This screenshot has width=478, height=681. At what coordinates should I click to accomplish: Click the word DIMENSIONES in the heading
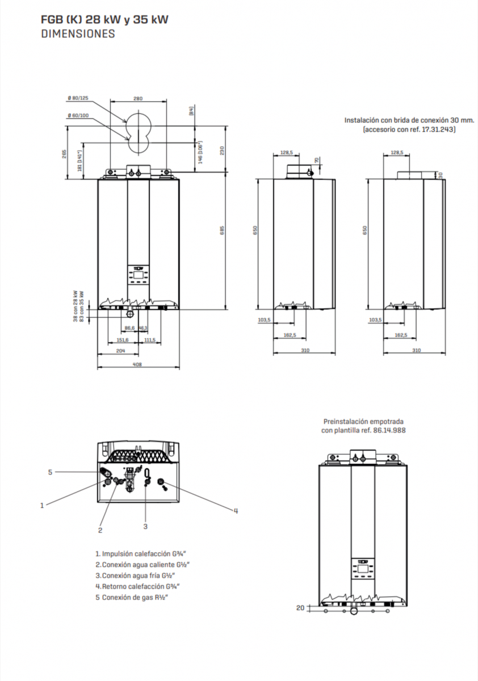(78, 33)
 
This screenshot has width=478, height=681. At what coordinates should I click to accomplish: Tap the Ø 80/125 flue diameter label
(78, 98)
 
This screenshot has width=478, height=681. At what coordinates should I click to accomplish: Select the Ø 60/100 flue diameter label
(78, 116)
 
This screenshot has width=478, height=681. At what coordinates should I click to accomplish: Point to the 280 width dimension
(138, 98)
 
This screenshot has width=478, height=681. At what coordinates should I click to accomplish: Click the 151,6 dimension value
(123, 339)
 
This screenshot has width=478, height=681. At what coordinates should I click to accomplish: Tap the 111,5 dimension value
(150, 339)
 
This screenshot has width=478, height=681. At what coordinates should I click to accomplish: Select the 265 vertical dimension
(64, 154)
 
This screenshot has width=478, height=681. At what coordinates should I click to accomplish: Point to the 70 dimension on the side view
(317, 161)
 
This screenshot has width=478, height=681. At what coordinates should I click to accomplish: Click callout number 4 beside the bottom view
(236, 511)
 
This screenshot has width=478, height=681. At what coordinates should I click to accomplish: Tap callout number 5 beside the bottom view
(50, 472)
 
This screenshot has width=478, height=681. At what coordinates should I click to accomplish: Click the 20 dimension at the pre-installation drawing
(300, 608)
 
